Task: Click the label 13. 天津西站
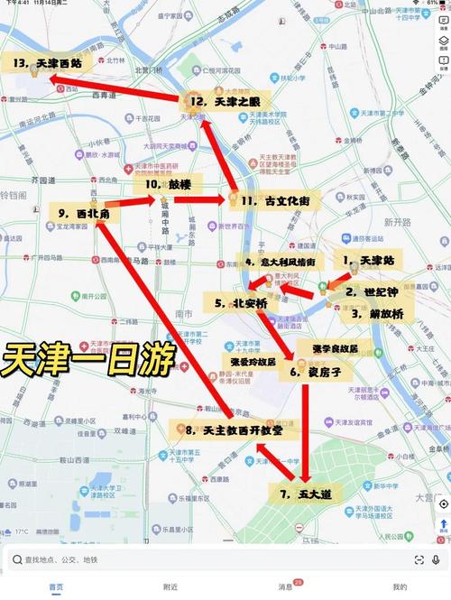[47, 64]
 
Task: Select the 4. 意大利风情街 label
[279, 262]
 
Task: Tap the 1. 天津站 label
[371, 260]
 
